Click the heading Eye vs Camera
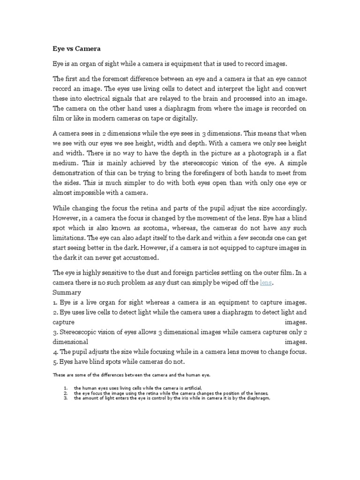click(76, 48)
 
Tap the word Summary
click(67, 292)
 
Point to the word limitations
click(70, 238)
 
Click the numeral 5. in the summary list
click(55, 361)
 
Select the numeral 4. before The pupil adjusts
click(55, 352)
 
